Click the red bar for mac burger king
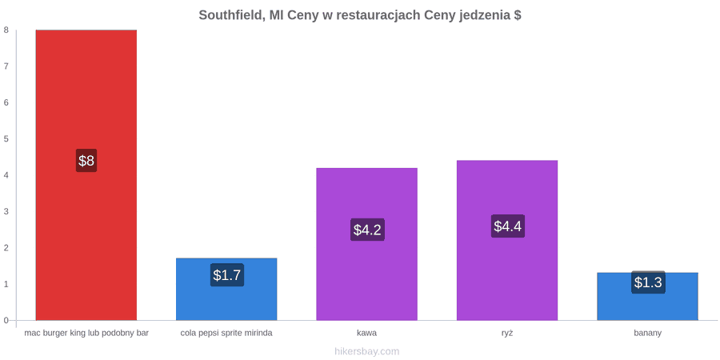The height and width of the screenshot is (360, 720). point(86,175)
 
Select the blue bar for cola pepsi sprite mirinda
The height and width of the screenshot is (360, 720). point(226,290)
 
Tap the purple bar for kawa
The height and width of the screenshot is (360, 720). point(367,244)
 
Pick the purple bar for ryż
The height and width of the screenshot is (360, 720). point(507,240)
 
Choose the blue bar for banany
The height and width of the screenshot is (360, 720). point(647,297)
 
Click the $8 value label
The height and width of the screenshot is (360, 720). point(86,161)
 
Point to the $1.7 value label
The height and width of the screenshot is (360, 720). point(227,275)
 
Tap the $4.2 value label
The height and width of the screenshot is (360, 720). point(367,230)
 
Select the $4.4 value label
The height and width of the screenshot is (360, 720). point(508,226)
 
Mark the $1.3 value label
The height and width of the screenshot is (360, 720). point(648,282)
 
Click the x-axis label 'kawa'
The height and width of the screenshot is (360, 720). point(367,333)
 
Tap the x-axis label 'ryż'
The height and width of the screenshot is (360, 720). point(507,333)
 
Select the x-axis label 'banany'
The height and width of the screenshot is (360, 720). point(648,333)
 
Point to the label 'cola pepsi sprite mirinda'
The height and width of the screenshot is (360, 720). point(226,333)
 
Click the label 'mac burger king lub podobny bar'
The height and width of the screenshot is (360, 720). point(86,333)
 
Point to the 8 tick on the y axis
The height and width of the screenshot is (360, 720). point(6,30)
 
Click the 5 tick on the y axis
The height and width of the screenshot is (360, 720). point(6,138)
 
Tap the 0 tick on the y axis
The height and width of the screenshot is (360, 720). point(6,320)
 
